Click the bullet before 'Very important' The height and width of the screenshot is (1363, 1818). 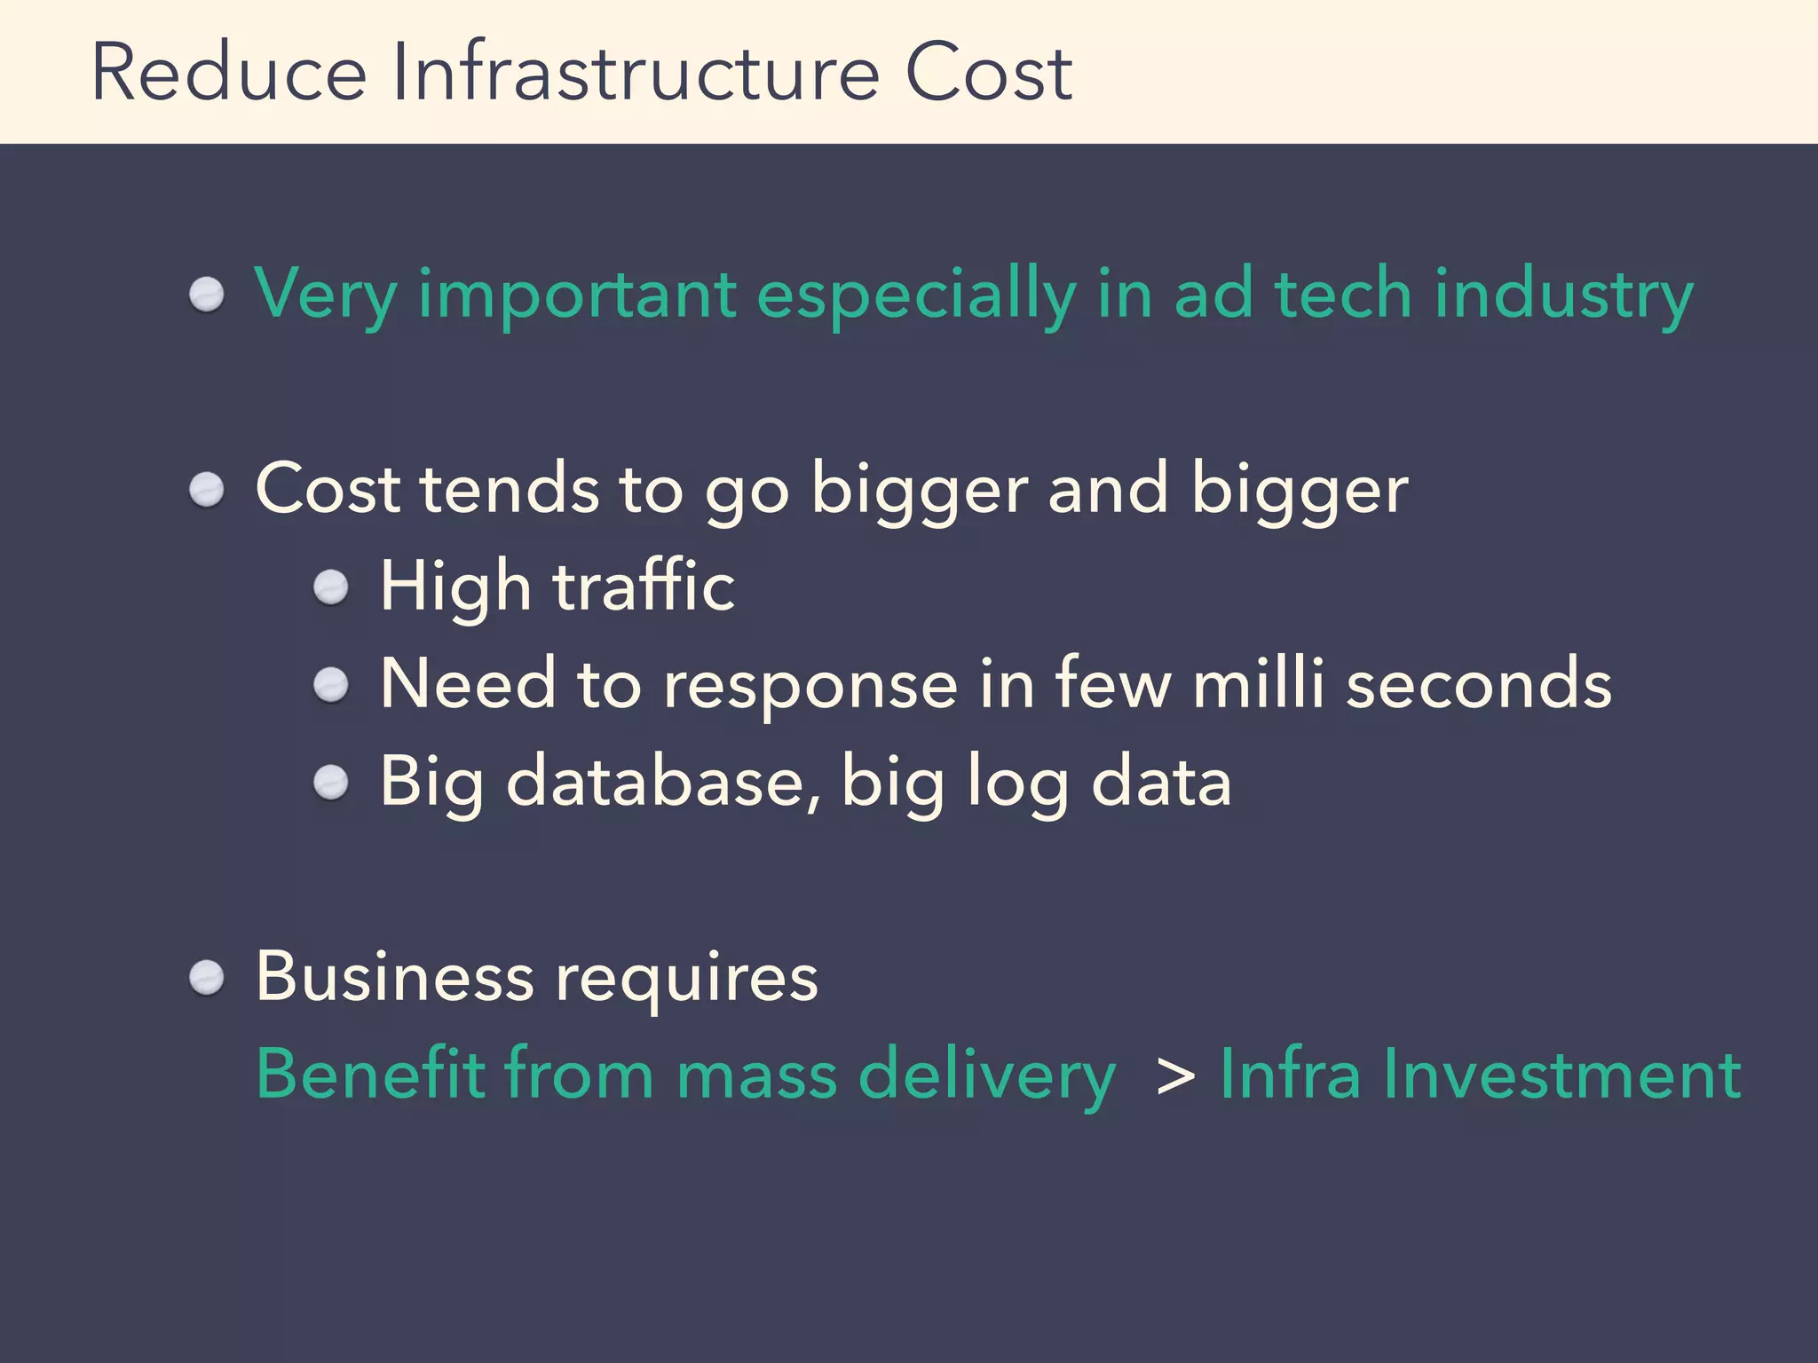coord(207,295)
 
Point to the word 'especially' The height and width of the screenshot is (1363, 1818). coord(915,295)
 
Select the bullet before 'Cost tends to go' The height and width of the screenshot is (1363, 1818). coord(207,490)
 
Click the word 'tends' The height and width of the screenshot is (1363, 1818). coord(510,489)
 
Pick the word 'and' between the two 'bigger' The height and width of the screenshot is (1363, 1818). coord(1107,489)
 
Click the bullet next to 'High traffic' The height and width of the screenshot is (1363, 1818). coord(332,587)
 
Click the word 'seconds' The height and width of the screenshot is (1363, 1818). coord(1478,684)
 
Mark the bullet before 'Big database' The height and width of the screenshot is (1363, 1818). coord(332,783)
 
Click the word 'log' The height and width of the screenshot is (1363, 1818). coord(1017,784)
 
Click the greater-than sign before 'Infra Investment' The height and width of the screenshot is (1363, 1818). coord(1176,1075)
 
